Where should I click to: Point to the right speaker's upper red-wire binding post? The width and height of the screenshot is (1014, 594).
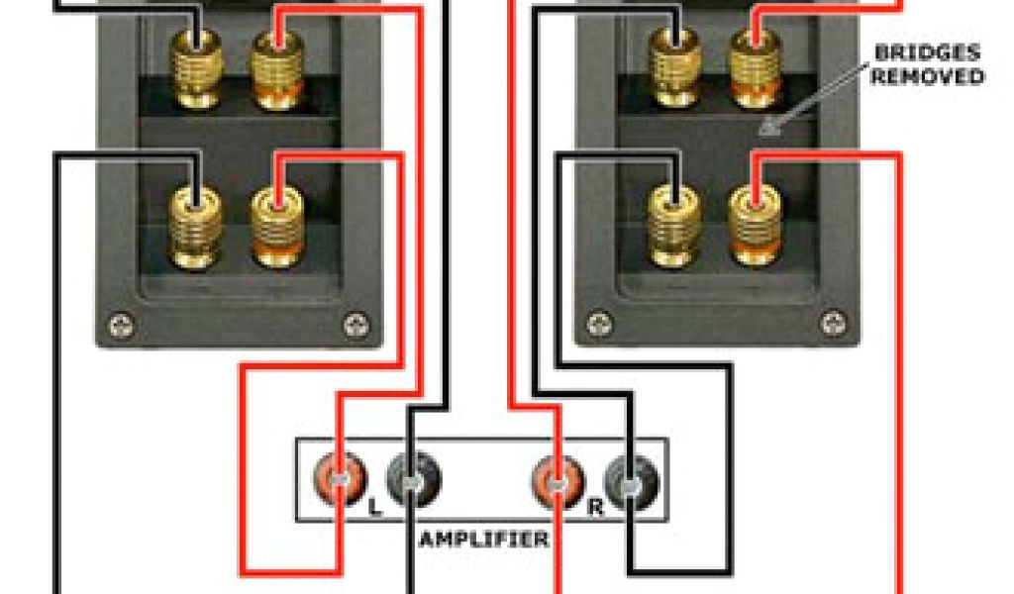click(756, 69)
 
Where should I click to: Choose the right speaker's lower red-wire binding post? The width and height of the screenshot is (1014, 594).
click(756, 228)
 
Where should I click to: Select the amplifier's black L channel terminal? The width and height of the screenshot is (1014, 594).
click(413, 479)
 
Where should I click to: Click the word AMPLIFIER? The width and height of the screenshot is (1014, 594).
click(483, 540)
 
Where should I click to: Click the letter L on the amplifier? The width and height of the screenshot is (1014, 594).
click(373, 509)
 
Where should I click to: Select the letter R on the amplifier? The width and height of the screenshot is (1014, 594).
click(596, 509)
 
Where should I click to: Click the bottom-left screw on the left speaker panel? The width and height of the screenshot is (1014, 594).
click(121, 324)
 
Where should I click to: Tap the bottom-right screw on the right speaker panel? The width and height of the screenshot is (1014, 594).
click(835, 324)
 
